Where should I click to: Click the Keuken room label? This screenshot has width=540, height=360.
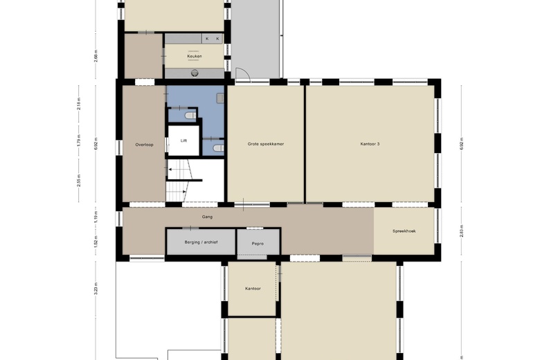pyautogui.click(x=194, y=56)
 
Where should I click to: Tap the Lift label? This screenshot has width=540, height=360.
pyautogui.click(x=183, y=141)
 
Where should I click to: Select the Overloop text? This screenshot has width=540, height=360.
pyautogui.click(x=143, y=145)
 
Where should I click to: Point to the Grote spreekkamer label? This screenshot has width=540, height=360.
pyautogui.click(x=266, y=145)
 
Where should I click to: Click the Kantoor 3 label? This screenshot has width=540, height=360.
pyautogui.click(x=370, y=145)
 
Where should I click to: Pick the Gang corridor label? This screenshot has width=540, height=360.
pyautogui.click(x=207, y=217)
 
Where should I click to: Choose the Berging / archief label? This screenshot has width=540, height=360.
pyautogui.click(x=200, y=244)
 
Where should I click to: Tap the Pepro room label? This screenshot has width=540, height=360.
pyautogui.click(x=258, y=244)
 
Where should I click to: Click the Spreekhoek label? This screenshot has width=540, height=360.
pyautogui.click(x=404, y=231)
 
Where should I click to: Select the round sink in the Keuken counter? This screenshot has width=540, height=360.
pyautogui.click(x=195, y=73)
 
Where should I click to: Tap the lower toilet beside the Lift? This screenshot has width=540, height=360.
pyautogui.click(x=217, y=147)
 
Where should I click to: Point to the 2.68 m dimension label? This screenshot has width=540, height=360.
pyautogui.click(x=96, y=55)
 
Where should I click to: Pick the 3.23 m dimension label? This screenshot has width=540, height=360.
pyautogui.click(x=96, y=287)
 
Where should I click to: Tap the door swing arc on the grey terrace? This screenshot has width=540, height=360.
pyautogui.click(x=243, y=73)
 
